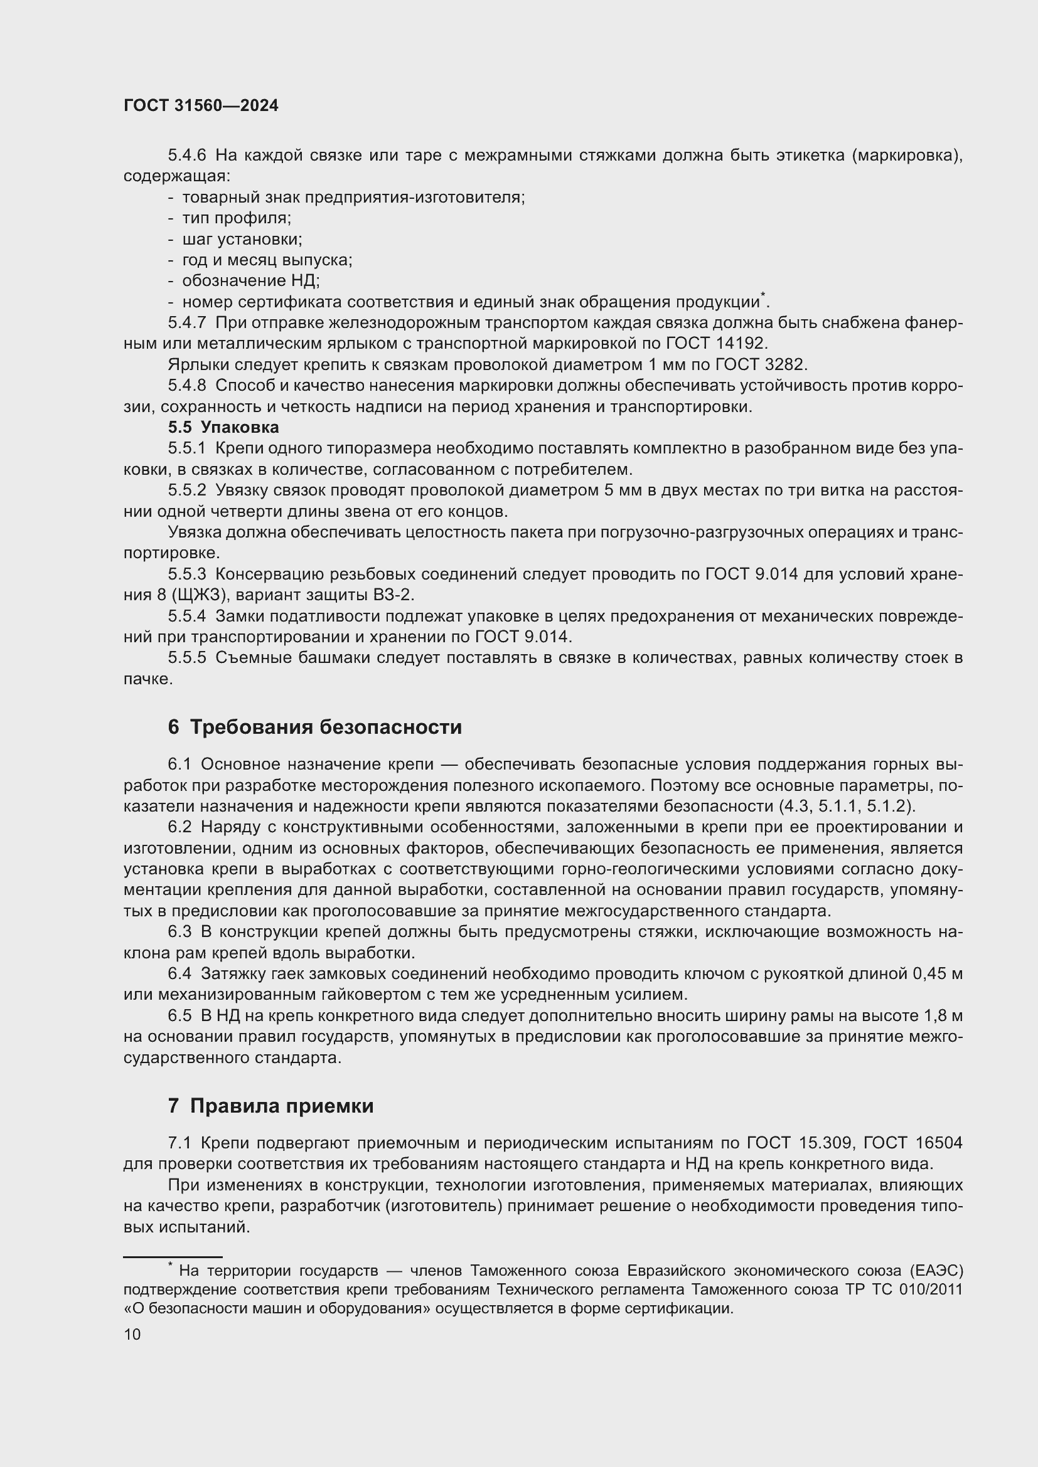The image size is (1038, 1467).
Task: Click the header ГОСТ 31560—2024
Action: click(201, 106)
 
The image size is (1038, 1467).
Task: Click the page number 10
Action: click(132, 1334)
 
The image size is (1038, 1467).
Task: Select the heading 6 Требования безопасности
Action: click(314, 727)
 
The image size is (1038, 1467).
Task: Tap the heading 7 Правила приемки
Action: click(270, 1105)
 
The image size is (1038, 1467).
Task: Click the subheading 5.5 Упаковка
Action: click(223, 427)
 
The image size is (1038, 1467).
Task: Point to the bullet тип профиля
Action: click(236, 218)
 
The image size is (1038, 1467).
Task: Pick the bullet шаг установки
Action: click(242, 239)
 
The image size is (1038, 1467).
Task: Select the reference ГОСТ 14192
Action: click(715, 343)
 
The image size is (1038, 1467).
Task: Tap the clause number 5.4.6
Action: click(186, 156)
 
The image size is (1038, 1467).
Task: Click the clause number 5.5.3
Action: click(186, 574)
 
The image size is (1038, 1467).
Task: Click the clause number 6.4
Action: click(179, 973)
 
